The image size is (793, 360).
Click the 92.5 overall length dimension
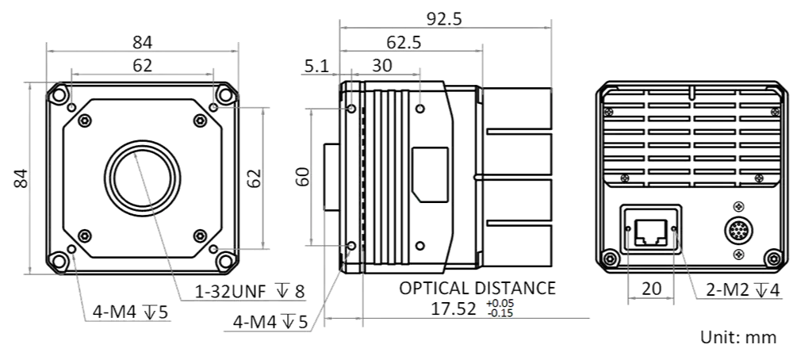tap(444, 19)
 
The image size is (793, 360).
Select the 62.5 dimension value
tap(404, 43)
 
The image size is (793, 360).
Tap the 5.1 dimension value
tap(316, 66)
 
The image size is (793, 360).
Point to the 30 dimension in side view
tap(382, 66)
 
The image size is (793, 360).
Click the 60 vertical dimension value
tap(302, 177)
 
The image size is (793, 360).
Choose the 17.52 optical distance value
tap(454, 308)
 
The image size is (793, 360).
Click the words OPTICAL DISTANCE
tap(477, 288)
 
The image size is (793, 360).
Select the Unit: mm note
tap(738, 337)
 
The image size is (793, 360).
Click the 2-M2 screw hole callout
tap(742, 289)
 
